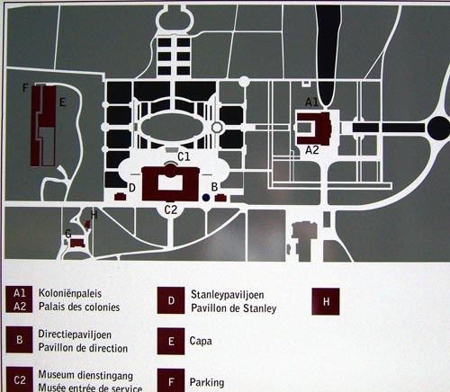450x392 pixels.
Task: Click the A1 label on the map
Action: pyautogui.click(x=311, y=102)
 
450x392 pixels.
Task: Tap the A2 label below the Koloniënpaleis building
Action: pyautogui.click(x=312, y=150)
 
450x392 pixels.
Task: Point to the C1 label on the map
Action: pyautogui.click(x=184, y=156)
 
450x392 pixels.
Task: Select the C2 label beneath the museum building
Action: pyautogui.click(x=171, y=209)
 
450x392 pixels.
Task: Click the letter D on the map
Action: pyautogui.click(x=132, y=188)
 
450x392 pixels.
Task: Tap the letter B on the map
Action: pyautogui.click(x=214, y=187)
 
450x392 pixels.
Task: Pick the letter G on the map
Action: pyautogui.click(x=68, y=234)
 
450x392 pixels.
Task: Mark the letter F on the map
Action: pyautogui.click(x=25, y=88)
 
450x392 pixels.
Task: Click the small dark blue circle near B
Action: pyautogui.click(x=206, y=198)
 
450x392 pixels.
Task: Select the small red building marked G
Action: pyautogui.click(x=77, y=243)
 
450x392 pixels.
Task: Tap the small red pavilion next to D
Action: pyautogui.click(x=120, y=197)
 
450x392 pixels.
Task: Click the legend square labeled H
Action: pyautogui.click(x=326, y=301)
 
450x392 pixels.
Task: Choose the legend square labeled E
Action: pyautogui.click(x=171, y=341)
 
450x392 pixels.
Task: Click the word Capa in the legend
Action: pyautogui.click(x=201, y=341)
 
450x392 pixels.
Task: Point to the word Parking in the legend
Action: pyautogui.click(x=207, y=382)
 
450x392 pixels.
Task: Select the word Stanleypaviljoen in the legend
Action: pyautogui.click(x=228, y=295)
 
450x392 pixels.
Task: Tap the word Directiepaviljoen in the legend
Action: pyautogui.click(x=75, y=334)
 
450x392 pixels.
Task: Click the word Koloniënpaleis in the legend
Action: pyautogui.click(x=70, y=293)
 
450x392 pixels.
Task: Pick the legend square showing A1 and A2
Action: pyautogui.click(x=19, y=299)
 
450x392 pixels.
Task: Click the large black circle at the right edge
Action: pyautogui.click(x=438, y=128)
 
